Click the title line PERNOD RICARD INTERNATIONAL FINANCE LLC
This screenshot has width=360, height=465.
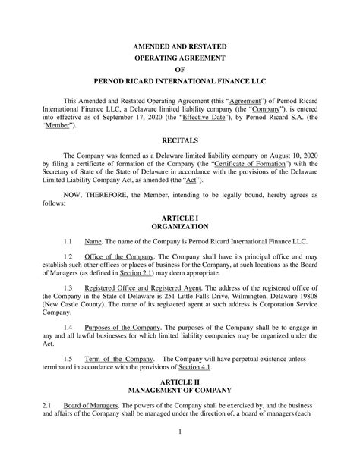(x=180, y=80)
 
